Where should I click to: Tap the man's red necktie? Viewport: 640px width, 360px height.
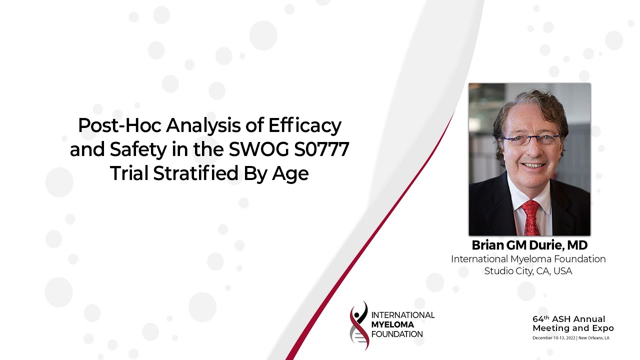click(530, 217)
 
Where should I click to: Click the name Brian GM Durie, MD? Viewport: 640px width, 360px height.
click(529, 245)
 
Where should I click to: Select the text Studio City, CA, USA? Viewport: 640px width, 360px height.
click(528, 271)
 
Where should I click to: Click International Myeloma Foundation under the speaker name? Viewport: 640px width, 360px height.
click(528, 259)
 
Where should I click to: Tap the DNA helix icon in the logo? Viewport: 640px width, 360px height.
click(359, 325)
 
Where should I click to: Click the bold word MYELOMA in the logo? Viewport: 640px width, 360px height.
click(393, 324)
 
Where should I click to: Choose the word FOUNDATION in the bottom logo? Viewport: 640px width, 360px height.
click(397, 334)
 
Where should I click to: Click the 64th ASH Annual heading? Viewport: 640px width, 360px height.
click(568, 319)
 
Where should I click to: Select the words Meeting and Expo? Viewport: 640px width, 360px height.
click(573, 328)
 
